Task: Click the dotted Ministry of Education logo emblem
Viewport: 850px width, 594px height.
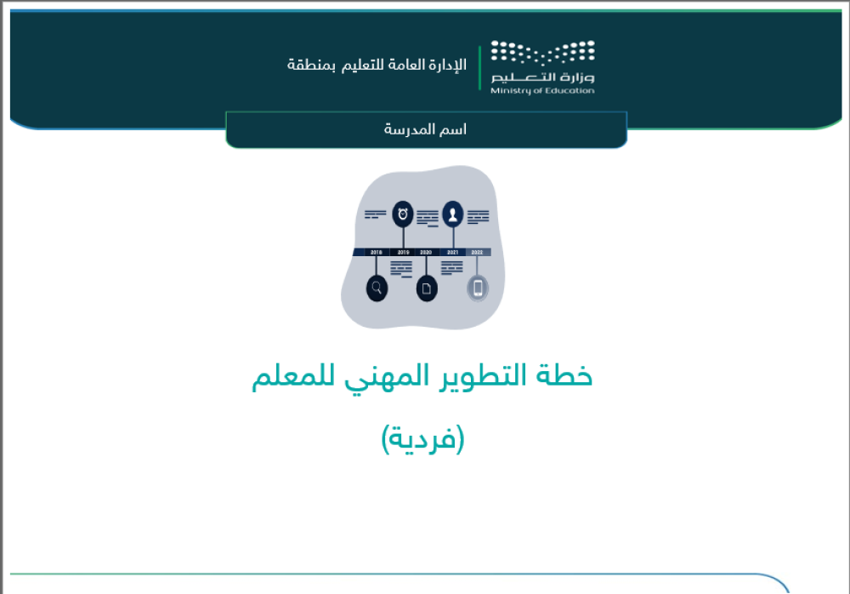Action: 542,53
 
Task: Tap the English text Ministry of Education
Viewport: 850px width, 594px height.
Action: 542,91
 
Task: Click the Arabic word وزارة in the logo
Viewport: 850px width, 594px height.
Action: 578,79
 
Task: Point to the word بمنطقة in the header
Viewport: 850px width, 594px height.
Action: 309,65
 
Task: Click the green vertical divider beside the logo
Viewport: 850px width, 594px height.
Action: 479,67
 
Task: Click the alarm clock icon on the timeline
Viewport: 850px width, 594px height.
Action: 403,214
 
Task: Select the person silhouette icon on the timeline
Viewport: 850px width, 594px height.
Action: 453,214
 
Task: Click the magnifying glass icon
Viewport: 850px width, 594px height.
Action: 377,288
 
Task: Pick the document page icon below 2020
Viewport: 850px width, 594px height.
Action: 427,288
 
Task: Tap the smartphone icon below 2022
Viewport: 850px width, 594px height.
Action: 478,288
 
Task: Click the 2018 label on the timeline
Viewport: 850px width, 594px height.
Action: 377,253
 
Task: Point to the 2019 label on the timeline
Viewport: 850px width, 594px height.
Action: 403,253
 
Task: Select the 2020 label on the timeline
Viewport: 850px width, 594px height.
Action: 427,253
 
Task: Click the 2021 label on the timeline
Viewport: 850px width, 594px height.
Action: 453,253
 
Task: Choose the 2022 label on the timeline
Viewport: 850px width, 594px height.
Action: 477,253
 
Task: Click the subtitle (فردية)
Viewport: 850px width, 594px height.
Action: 422,439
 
